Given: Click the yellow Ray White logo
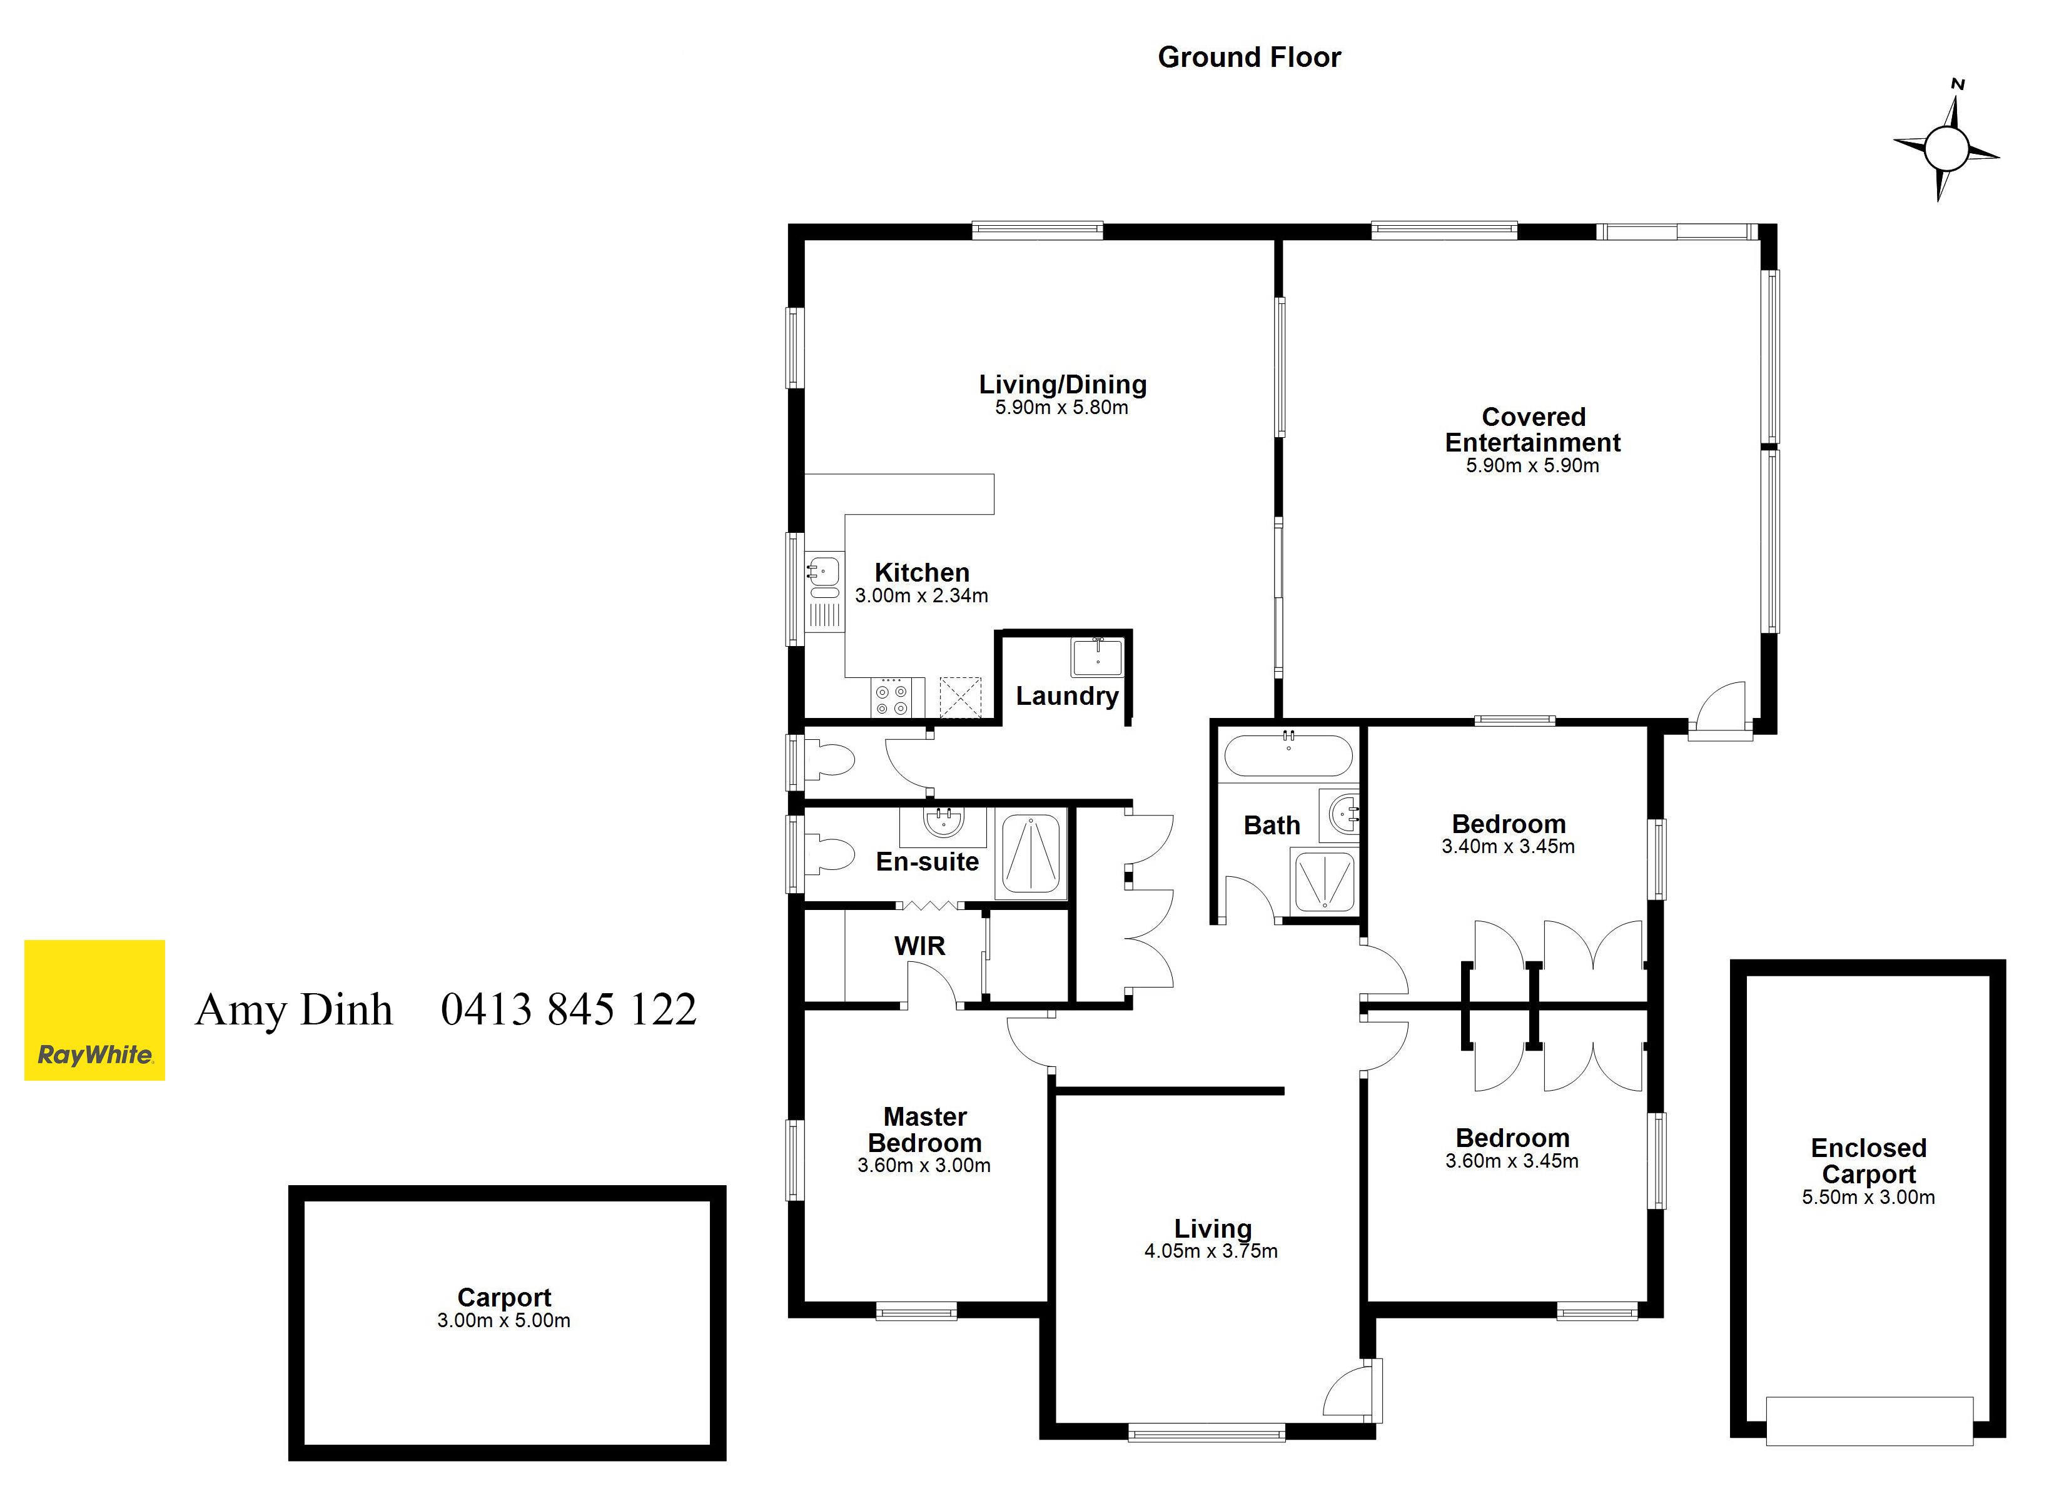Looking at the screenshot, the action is pos(94,1011).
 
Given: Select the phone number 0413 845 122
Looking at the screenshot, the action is pos(569,1009).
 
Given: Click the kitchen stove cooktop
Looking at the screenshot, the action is pos(891,698).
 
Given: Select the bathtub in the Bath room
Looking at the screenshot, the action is pos(1288,755).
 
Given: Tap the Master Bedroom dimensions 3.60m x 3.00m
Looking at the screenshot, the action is pos(924,1165).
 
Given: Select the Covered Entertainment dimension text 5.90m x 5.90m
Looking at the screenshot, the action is pos(1532,465).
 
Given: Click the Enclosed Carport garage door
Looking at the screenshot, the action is pos(1869,1421).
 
